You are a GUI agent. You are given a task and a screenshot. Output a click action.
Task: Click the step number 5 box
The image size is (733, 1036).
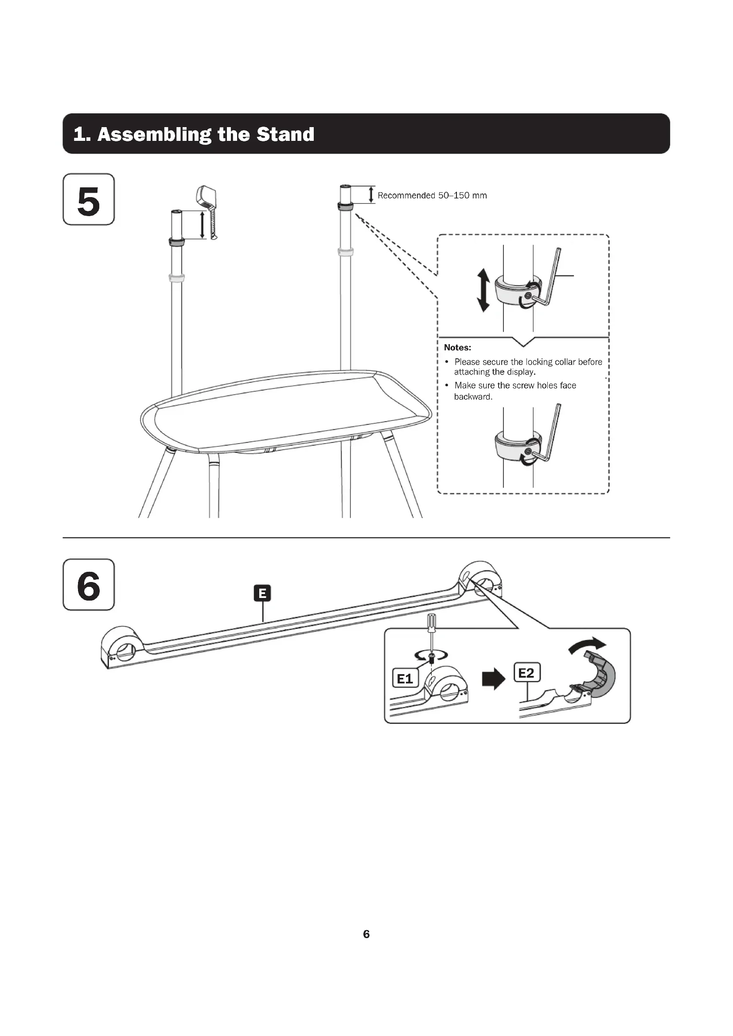coord(89,199)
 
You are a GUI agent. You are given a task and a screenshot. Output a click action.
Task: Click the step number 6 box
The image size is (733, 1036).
coord(89,585)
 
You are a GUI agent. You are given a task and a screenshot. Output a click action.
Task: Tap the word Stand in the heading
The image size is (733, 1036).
coord(285,134)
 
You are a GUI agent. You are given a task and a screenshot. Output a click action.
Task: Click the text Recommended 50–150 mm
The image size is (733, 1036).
coord(432,195)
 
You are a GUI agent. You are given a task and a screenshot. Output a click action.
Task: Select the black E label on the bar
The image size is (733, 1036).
coord(262,593)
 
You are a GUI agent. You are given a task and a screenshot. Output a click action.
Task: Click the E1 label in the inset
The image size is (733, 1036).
coord(405,679)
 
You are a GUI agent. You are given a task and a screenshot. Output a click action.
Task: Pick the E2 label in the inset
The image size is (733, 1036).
coord(526,673)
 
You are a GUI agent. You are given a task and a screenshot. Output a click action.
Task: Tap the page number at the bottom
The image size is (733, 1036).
coord(366,934)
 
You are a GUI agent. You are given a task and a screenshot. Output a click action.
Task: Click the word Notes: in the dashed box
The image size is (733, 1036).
coord(457,347)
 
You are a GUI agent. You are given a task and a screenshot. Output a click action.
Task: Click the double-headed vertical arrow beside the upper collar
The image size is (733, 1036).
coord(483,290)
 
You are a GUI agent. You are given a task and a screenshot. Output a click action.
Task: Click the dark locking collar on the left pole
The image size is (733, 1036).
coord(176,241)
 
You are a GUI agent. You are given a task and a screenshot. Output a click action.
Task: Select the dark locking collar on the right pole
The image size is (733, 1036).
coord(345,207)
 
